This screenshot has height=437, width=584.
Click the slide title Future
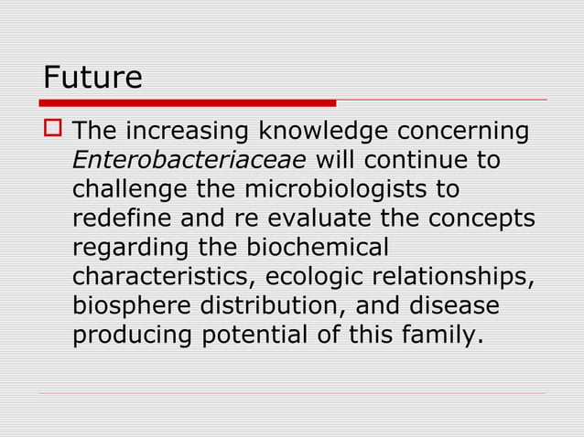pyautogui.click(x=92, y=77)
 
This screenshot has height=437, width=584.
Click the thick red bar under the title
pyautogui.click(x=189, y=102)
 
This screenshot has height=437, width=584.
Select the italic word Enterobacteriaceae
pyautogui.click(x=189, y=161)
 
